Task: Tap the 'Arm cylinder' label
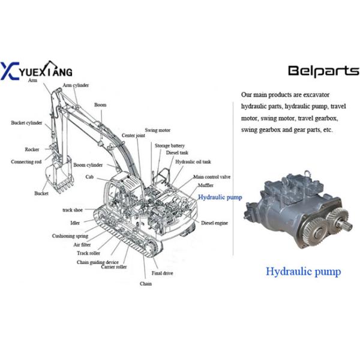pos(76,85)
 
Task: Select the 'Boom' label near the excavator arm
pos(100,105)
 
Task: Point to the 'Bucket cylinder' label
pos(26,123)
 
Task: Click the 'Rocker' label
pos(32,149)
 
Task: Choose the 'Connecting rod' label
pos(26,162)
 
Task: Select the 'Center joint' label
pos(133,136)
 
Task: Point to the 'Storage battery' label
pos(170,146)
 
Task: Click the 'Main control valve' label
pos(211,178)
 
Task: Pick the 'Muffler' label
pos(207,186)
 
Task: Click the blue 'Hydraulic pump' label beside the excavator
pos(220,197)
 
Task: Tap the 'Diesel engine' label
pos(214,223)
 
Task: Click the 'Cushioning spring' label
pos(70,236)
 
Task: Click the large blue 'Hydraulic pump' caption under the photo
pos(304,272)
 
